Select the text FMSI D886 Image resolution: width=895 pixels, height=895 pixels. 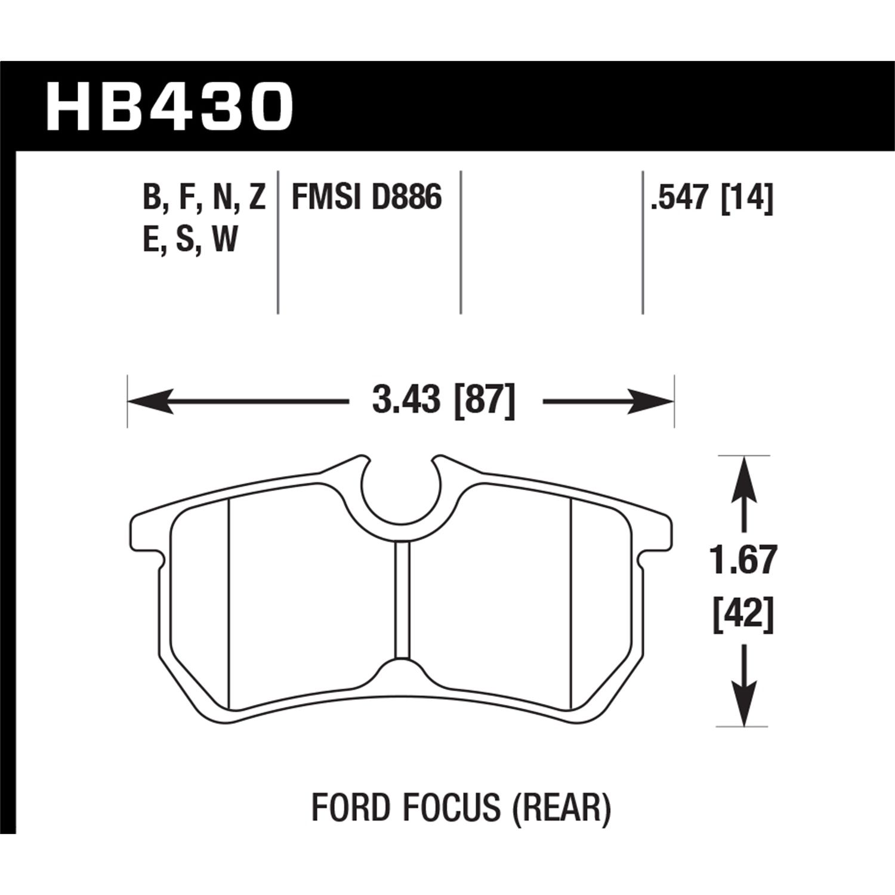[366, 197]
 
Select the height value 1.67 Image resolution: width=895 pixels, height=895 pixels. [743, 561]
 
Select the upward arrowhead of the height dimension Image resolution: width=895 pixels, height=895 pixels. [743, 474]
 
